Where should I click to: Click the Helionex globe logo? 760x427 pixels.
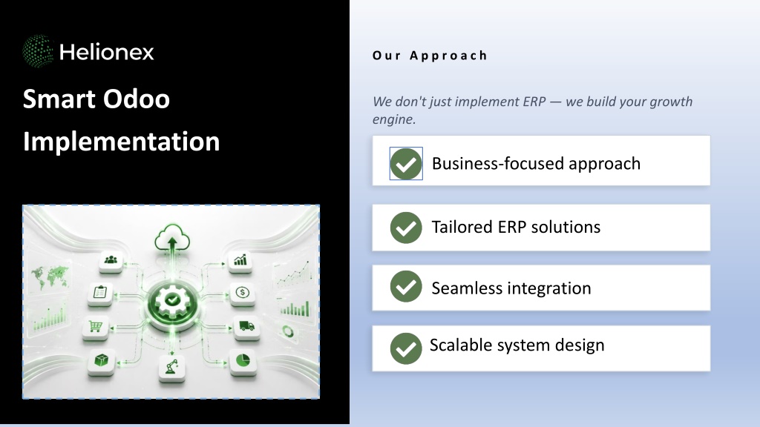[x=38, y=51]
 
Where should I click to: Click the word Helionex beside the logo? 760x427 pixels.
[x=107, y=52]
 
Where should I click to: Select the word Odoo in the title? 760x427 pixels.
[x=137, y=99]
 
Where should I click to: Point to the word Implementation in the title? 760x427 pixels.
[x=121, y=142]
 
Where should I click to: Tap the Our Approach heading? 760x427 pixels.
[x=430, y=56]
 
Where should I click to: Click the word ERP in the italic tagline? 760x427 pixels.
[x=534, y=102]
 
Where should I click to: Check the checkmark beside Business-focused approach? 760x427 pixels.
[x=406, y=164]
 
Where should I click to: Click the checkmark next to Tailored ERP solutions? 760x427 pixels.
[x=406, y=228]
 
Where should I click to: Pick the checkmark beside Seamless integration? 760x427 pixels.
[x=406, y=286]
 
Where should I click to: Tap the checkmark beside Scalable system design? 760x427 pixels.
[x=406, y=348]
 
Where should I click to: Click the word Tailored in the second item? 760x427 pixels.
[x=462, y=227]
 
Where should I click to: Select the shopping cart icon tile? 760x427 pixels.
[x=96, y=328]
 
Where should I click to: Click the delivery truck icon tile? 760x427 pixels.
[x=246, y=327]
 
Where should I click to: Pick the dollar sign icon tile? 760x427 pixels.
[x=243, y=294]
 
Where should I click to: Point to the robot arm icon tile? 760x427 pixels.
[x=171, y=367]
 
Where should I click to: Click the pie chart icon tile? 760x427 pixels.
[x=243, y=361]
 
